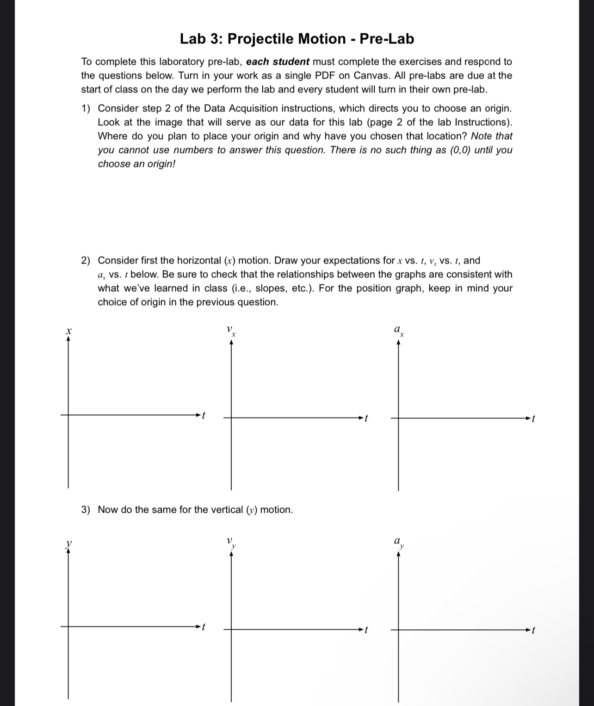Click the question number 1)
click(x=86, y=109)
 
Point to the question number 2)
click(x=86, y=261)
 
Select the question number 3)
click(x=86, y=510)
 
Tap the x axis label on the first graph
click(x=68, y=331)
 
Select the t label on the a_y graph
click(x=533, y=630)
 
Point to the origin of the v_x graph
click(x=232, y=418)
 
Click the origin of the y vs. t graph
click(x=68, y=626)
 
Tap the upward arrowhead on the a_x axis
click(x=399, y=343)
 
